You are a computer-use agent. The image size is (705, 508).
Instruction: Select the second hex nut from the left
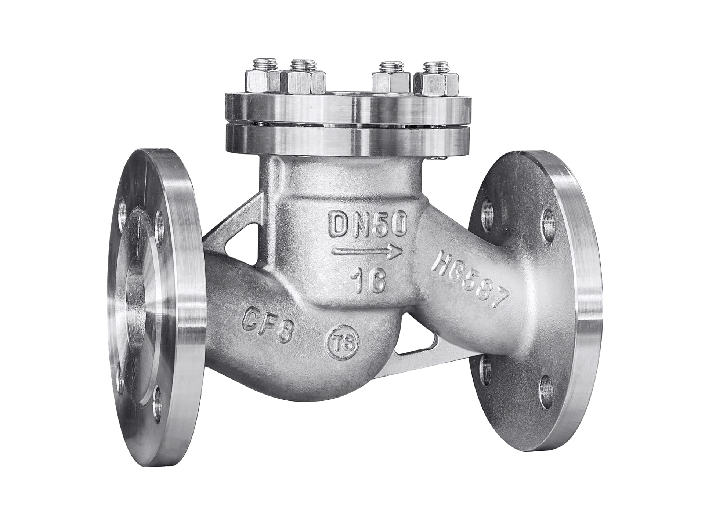(x=303, y=82)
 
